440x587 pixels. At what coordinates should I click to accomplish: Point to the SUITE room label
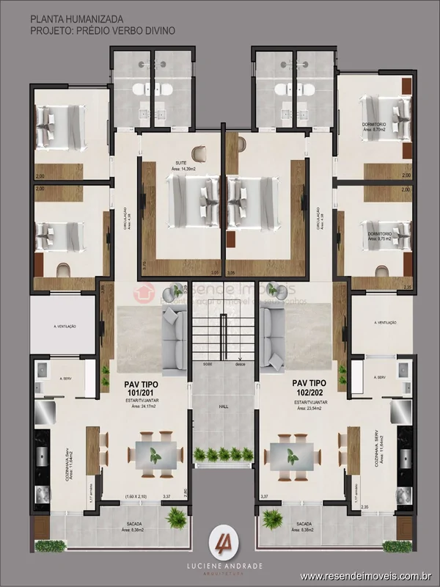tap(180, 162)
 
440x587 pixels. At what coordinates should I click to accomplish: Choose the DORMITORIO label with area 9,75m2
tap(380, 233)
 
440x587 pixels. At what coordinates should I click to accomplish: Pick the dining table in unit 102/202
tap(291, 456)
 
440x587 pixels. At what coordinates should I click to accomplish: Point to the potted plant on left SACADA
tap(176, 519)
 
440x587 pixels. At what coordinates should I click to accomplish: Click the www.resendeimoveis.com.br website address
tap(367, 577)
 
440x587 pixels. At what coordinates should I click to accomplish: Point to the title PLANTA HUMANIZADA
tap(77, 17)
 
